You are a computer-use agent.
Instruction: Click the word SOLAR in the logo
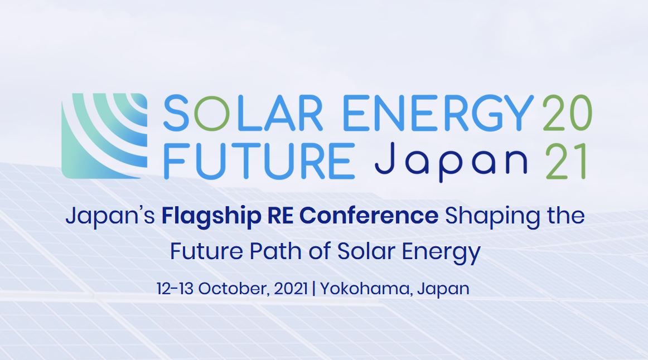click(243, 113)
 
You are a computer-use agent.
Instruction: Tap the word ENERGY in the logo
click(438, 113)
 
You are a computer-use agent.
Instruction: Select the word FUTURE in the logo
click(259, 161)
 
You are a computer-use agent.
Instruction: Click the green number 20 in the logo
click(567, 113)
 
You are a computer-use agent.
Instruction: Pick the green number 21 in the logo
click(565, 161)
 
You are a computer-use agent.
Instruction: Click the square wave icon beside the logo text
click(104, 136)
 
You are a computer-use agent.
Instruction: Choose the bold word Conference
click(369, 216)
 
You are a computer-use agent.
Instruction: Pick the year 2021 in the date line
click(291, 288)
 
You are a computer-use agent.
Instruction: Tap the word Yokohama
click(366, 289)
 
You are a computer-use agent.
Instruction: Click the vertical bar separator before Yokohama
click(314, 288)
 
